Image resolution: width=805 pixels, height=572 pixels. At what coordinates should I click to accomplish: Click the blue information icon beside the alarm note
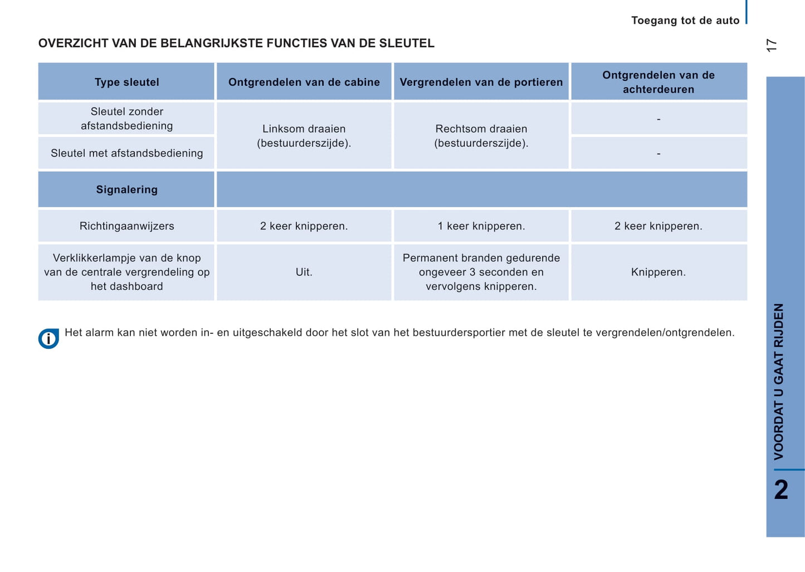(48, 339)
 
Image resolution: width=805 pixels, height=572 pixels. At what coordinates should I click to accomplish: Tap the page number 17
(772, 45)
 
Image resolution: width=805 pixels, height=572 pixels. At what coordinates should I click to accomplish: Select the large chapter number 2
(781, 490)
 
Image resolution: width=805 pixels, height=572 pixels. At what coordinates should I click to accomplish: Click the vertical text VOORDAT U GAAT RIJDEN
(779, 381)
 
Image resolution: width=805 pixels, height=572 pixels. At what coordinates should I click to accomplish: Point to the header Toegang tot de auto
(685, 21)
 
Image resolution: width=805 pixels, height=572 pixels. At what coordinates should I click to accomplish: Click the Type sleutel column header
(126, 82)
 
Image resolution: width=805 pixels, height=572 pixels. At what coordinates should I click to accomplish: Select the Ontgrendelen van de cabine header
(304, 82)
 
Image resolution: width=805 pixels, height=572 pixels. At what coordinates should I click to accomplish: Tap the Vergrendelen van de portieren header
(481, 82)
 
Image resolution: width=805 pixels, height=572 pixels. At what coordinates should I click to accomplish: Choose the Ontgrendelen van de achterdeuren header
(658, 82)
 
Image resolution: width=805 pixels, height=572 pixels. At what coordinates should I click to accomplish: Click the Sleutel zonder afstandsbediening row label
(126, 119)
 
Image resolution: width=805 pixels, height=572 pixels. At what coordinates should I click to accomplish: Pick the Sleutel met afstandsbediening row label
(126, 153)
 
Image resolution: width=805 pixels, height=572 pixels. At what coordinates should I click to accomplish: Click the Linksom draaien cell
(304, 136)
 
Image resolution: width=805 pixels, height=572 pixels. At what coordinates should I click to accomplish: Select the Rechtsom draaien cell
(481, 136)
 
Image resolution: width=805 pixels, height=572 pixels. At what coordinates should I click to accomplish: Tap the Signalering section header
(126, 190)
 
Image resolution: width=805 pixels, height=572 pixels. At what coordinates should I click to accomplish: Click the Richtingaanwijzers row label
(126, 226)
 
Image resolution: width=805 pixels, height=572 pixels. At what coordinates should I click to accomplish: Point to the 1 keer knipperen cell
(481, 226)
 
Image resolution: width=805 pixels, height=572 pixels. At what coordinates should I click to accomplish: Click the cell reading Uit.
(304, 272)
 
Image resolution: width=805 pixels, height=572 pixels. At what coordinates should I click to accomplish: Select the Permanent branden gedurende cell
(481, 272)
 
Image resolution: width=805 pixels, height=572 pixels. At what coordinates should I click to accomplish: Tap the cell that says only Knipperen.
(658, 272)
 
